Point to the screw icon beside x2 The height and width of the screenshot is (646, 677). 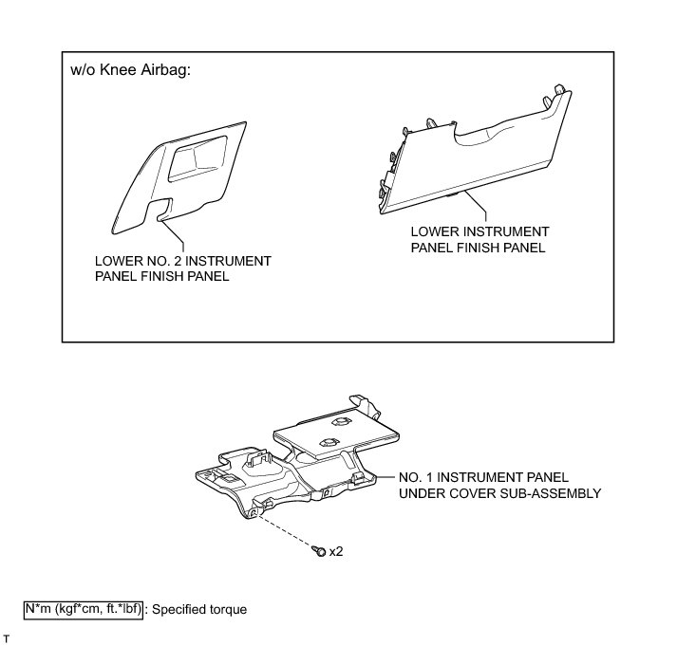click(x=320, y=550)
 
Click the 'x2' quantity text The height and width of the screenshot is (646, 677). click(x=335, y=551)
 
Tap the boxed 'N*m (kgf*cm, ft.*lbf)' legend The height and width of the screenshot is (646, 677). click(x=84, y=609)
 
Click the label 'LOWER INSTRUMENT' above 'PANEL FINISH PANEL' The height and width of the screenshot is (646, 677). click(x=480, y=231)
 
